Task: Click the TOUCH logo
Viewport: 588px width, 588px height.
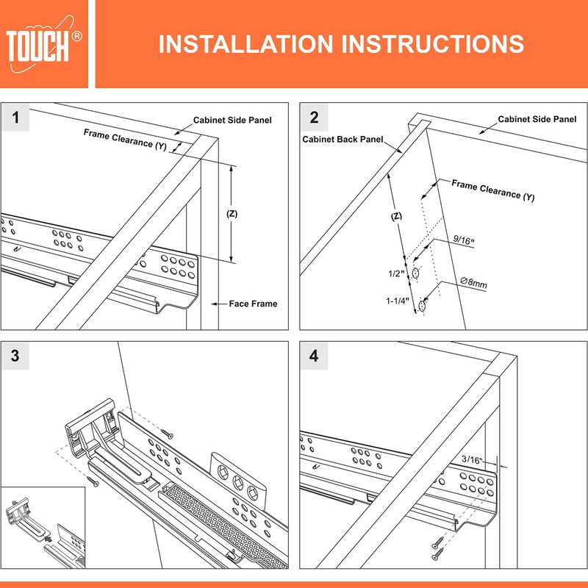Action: click(44, 44)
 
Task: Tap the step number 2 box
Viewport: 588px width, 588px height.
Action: click(315, 118)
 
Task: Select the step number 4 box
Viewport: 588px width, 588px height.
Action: click(315, 356)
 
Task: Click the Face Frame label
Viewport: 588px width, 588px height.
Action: click(254, 304)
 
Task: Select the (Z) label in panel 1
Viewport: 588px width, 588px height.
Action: click(232, 214)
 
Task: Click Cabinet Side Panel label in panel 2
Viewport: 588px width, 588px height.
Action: click(537, 119)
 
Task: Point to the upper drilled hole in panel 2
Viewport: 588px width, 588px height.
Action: click(417, 273)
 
